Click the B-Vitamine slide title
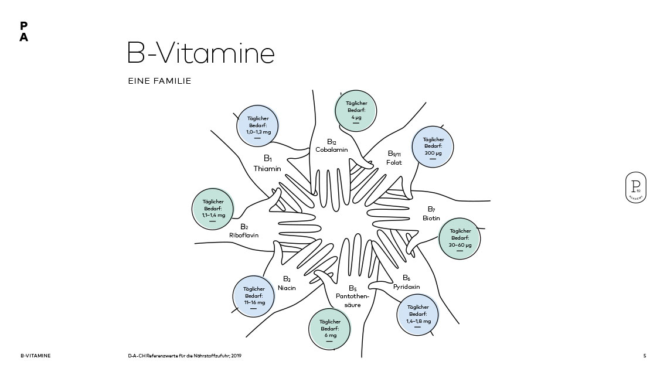click(200, 53)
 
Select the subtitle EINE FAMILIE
click(159, 81)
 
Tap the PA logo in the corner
click(23, 32)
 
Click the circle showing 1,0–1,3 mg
click(257, 126)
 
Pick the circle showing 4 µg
click(356, 111)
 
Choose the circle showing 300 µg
click(433, 147)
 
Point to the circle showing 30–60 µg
click(460, 238)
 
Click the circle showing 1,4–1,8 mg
click(418, 315)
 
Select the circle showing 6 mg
click(330, 329)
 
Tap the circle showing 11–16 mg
click(254, 296)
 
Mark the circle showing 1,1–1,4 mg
click(213, 209)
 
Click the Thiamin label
click(267, 168)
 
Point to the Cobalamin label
click(332, 149)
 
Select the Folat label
click(394, 162)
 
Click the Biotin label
click(431, 218)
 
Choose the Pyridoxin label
click(406, 287)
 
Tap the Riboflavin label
click(244, 235)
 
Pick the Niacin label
click(287, 288)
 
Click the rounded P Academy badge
click(635, 187)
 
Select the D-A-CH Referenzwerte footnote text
click(185, 356)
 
